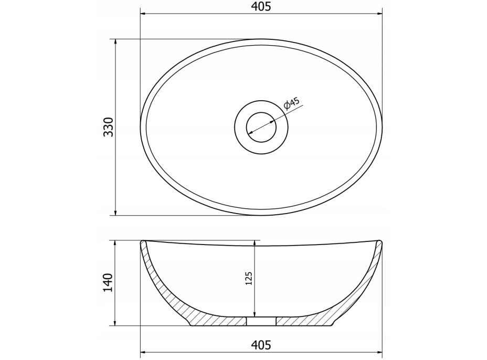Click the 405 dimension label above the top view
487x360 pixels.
tap(261, 6)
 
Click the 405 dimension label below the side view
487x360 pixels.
tap(261, 345)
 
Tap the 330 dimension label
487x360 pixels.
tap(109, 127)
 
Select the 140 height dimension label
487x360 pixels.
tap(109, 282)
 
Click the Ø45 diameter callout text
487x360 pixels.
tap(292, 103)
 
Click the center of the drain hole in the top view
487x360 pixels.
tap(261, 127)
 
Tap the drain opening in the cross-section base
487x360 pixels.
tap(261, 321)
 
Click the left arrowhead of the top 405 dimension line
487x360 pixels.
tap(143, 14)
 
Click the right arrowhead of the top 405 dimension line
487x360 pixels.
tap(379, 14)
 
